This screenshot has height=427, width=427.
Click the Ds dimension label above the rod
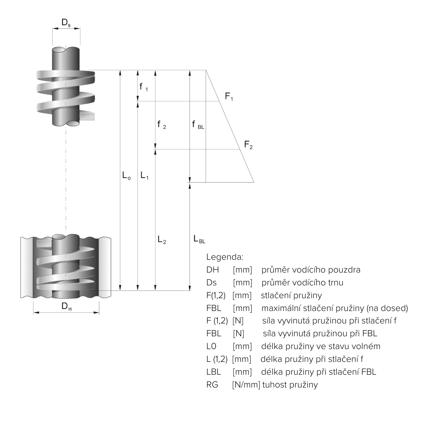(66, 23)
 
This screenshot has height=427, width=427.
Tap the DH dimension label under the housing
(67, 307)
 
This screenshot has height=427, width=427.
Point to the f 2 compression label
(162, 125)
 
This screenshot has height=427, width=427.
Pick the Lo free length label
(127, 175)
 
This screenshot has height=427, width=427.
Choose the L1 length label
(144, 175)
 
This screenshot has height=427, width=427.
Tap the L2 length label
(162, 240)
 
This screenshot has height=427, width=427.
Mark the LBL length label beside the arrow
(199, 239)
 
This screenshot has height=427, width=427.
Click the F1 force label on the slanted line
(229, 97)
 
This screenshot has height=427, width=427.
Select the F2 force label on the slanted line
(248, 145)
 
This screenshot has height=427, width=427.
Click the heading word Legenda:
(225, 257)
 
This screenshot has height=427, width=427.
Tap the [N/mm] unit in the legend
(246, 385)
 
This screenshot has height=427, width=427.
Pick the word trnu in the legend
(335, 283)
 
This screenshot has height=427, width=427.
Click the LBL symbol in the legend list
(213, 372)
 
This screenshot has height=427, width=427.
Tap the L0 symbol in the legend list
(211, 347)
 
